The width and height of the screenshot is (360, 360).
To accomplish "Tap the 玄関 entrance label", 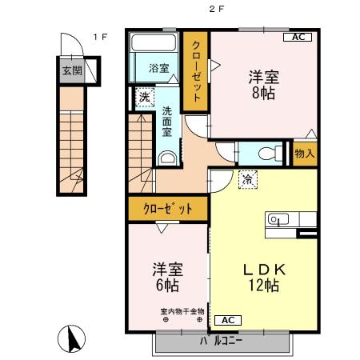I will (72, 70).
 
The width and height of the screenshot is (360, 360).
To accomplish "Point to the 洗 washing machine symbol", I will (145, 98).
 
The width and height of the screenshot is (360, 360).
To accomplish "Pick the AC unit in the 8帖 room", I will (297, 38).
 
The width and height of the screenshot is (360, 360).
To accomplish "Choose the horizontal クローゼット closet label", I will (168, 210).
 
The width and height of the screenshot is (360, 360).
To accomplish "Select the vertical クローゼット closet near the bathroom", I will (195, 71).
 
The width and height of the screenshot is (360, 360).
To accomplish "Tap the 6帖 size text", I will (167, 284).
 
